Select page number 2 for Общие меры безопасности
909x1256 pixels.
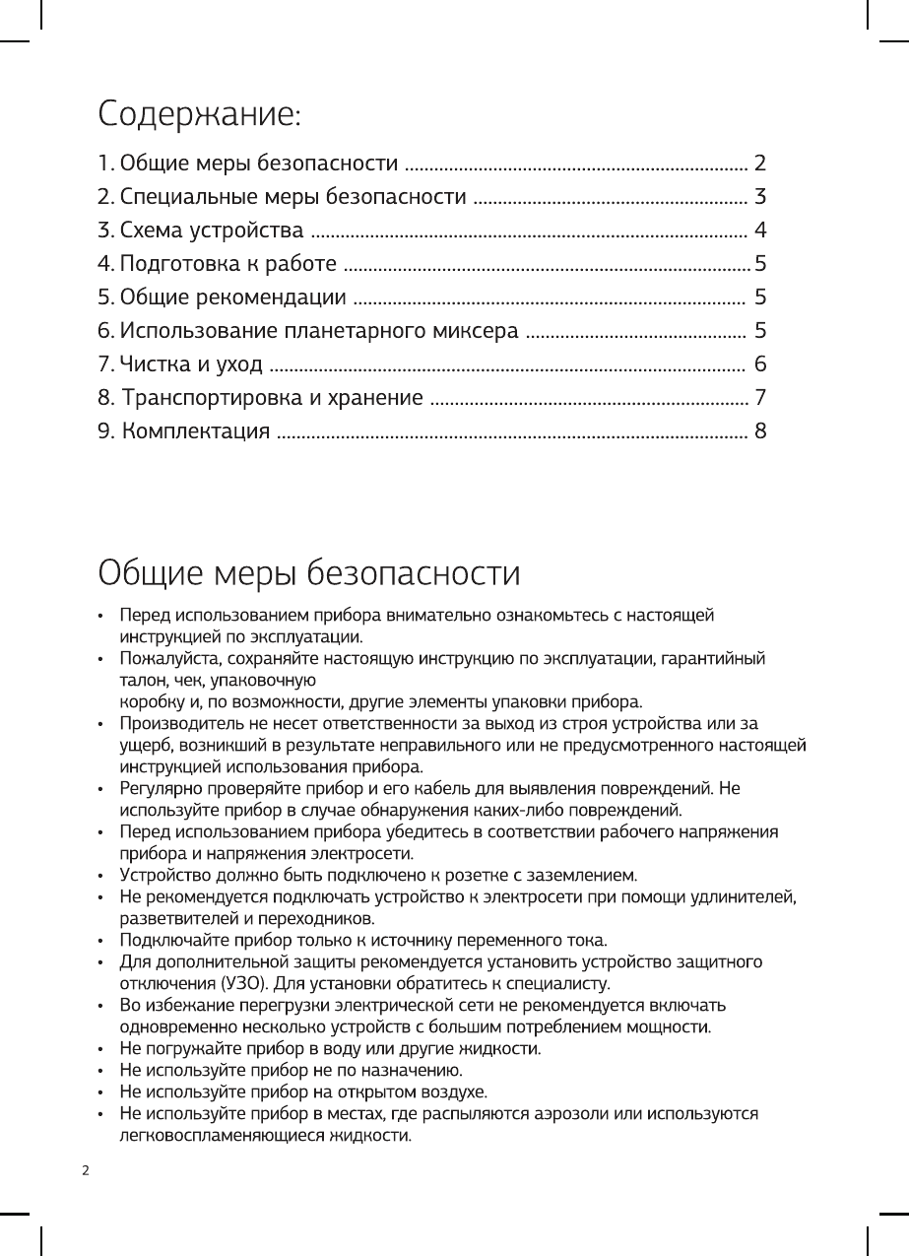tap(759, 162)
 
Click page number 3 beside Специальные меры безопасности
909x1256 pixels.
tap(759, 196)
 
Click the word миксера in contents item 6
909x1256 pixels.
tap(477, 330)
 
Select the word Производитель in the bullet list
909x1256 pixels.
tap(167, 724)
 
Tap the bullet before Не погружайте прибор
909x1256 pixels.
tap(101, 1048)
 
